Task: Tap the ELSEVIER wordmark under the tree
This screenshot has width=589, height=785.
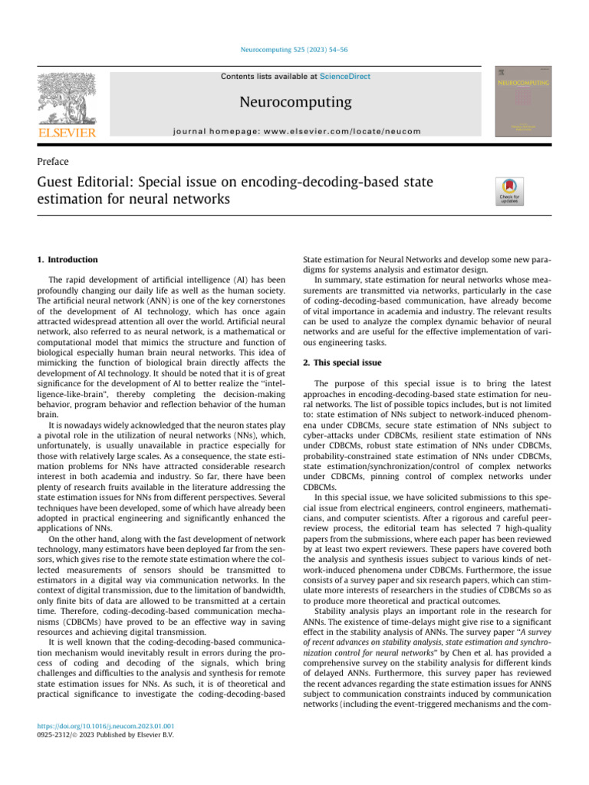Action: pyautogui.click(x=66, y=133)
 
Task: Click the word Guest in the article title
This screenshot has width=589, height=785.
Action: pyautogui.click(x=58, y=184)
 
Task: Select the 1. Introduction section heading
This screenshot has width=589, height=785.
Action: pyautogui.click(x=68, y=260)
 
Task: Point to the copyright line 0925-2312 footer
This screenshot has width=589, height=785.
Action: pyautogui.click(x=106, y=736)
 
